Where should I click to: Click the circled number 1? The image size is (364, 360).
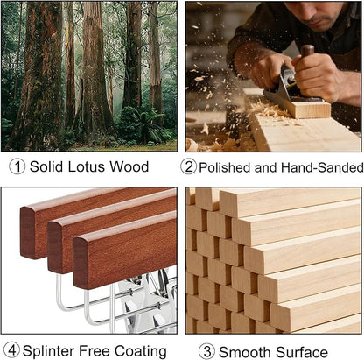tap(17, 167)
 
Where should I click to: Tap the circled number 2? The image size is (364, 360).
tap(188, 167)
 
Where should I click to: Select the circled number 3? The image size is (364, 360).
tap(207, 351)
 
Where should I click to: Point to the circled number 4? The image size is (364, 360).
tap(12, 350)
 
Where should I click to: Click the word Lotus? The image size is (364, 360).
tap(86, 166)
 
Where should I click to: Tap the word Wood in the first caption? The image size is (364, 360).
tap(129, 166)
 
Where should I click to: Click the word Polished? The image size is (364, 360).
tap(225, 167)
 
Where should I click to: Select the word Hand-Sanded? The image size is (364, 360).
tap(322, 167)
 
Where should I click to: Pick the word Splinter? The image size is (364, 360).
tap(49, 350)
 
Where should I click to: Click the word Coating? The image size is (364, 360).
tap(141, 351)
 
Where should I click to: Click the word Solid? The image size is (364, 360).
tap(46, 166)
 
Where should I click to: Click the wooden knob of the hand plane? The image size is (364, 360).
tap(307, 51)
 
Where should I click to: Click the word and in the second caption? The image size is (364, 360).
tap(265, 167)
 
